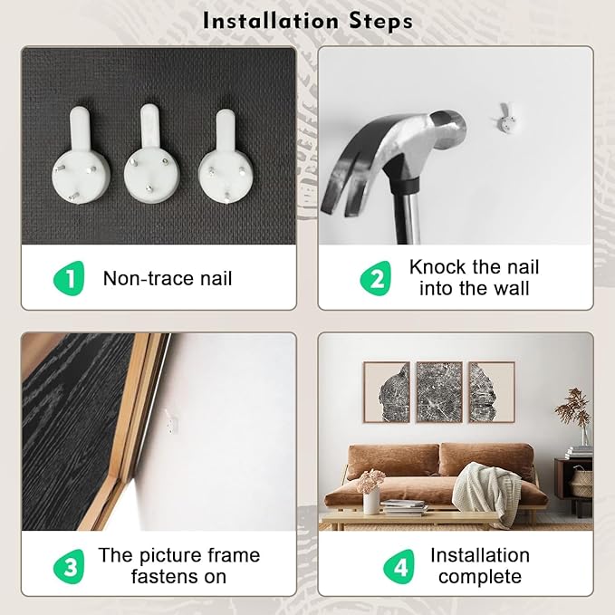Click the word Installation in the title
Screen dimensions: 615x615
(270, 21)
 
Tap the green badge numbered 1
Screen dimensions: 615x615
(69, 278)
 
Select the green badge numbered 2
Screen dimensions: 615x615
(376, 278)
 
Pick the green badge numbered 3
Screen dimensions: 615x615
(69, 566)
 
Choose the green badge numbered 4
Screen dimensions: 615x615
(399, 566)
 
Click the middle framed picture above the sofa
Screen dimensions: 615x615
(439, 392)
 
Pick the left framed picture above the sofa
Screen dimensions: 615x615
(387, 392)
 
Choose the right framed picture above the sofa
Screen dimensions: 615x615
(492, 392)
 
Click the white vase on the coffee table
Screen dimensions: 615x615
(371, 500)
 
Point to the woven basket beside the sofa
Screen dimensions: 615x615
(581, 482)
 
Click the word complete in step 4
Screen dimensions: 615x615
(480, 577)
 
